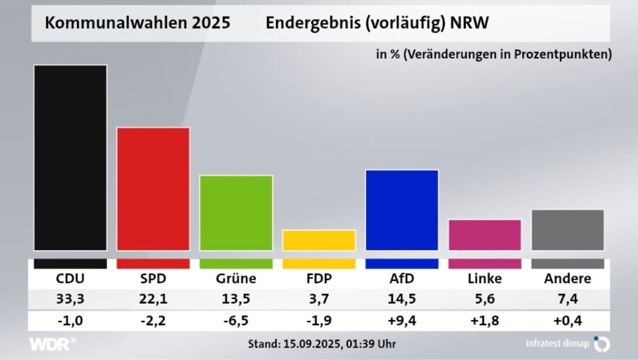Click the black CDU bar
click(x=70, y=158)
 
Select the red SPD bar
click(x=153, y=189)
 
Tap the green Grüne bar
click(x=236, y=213)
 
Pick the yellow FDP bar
click(x=319, y=240)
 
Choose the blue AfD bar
click(x=402, y=210)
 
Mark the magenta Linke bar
click(x=485, y=235)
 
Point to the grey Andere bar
click(x=568, y=230)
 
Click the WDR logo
click(x=53, y=343)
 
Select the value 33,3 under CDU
click(x=70, y=299)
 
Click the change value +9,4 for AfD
click(x=402, y=321)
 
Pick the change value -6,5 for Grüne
click(x=236, y=321)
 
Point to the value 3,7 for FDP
click(x=319, y=299)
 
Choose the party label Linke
click(x=485, y=278)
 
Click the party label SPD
click(x=153, y=278)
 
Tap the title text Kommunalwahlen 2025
click(x=138, y=24)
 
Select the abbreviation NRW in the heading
click(x=470, y=24)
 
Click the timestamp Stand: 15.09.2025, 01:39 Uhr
click(x=322, y=343)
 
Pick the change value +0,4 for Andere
click(x=568, y=321)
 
